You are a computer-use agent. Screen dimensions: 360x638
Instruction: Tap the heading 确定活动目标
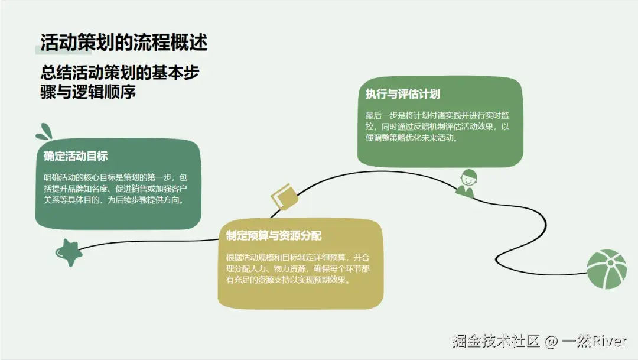tap(76, 157)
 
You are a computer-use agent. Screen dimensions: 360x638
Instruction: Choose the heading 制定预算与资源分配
tap(274, 236)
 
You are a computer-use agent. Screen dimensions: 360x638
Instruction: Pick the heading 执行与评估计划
tap(402, 95)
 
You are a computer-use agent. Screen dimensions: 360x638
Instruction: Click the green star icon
tap(69, 252)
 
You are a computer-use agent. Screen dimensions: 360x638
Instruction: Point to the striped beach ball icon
tap(606, 269)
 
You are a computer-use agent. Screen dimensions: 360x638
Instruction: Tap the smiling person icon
tap(467, 183)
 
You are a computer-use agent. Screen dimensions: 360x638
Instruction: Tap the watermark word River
tap(610, 341)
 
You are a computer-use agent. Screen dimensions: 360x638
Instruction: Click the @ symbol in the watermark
tap(551, 341)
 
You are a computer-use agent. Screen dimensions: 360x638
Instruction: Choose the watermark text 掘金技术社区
tap(496, 341)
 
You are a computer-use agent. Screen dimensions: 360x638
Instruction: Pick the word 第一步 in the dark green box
tap(157, 177)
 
